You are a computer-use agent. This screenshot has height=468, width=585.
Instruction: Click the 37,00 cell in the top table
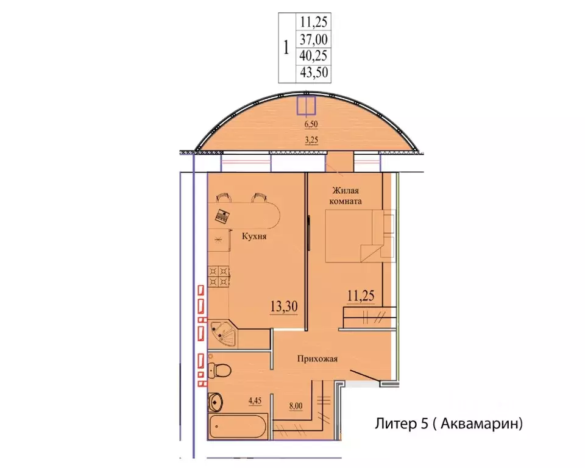[313, 39]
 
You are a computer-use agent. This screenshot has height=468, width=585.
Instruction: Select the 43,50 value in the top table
[314, 72]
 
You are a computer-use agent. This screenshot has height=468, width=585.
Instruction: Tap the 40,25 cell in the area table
[313, 55]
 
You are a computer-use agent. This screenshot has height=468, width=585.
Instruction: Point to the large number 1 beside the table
[286, 48]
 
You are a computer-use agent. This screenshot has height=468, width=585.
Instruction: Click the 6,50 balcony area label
[311, 124]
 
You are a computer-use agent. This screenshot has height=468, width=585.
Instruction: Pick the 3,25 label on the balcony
[311, 140]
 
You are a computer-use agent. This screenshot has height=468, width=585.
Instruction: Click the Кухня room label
[254, 236]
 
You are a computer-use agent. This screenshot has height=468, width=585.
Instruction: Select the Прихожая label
[317, 359]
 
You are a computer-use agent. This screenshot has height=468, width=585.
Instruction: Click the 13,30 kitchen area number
[284, 307]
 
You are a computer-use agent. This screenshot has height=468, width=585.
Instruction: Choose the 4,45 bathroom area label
[255, 401]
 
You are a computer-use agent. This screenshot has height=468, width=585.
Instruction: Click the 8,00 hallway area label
[296, 406]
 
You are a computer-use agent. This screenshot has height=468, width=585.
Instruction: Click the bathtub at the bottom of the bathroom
[238, 425]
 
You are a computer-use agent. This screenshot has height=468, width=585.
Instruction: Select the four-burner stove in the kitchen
[219, 276]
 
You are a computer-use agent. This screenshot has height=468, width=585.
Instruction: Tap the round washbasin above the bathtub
[215, 402]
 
